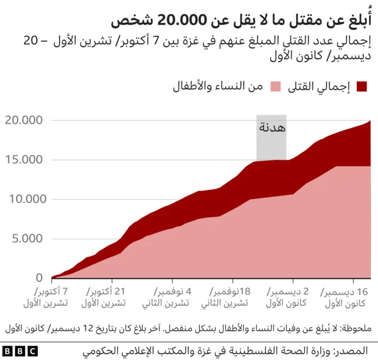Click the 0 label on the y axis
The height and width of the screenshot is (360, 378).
pyautogui.click(x=38, y=277)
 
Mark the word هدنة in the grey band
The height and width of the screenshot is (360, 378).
pyautogui.click(x=272, y=127)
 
